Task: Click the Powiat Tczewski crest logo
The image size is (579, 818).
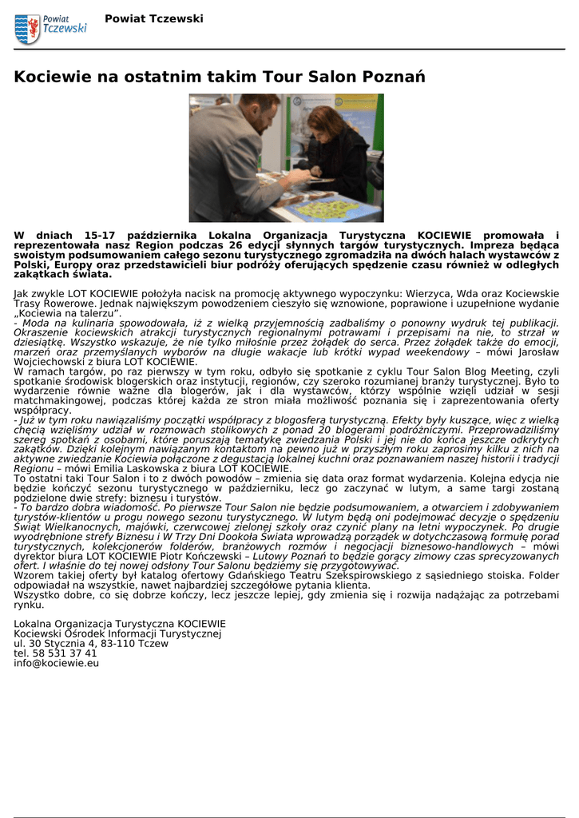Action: (x=27, y=29)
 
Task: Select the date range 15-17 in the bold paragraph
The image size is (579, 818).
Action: (x=115, y=235)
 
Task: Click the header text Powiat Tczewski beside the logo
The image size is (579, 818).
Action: (x=154, y=18)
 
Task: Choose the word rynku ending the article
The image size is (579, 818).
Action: (x=29, y=605)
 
